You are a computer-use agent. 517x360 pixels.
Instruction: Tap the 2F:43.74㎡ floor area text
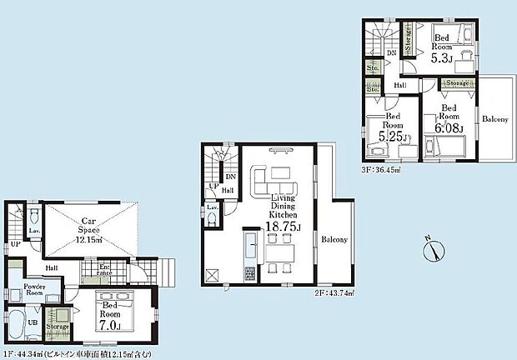coord(334,292)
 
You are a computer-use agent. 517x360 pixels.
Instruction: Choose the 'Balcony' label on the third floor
coord(495,119)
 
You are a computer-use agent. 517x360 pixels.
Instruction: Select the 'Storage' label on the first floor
coord(58,327)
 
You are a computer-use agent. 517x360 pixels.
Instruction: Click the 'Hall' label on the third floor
coord(399,84)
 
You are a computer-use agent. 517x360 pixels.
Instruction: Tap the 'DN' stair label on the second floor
coord(231,177)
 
